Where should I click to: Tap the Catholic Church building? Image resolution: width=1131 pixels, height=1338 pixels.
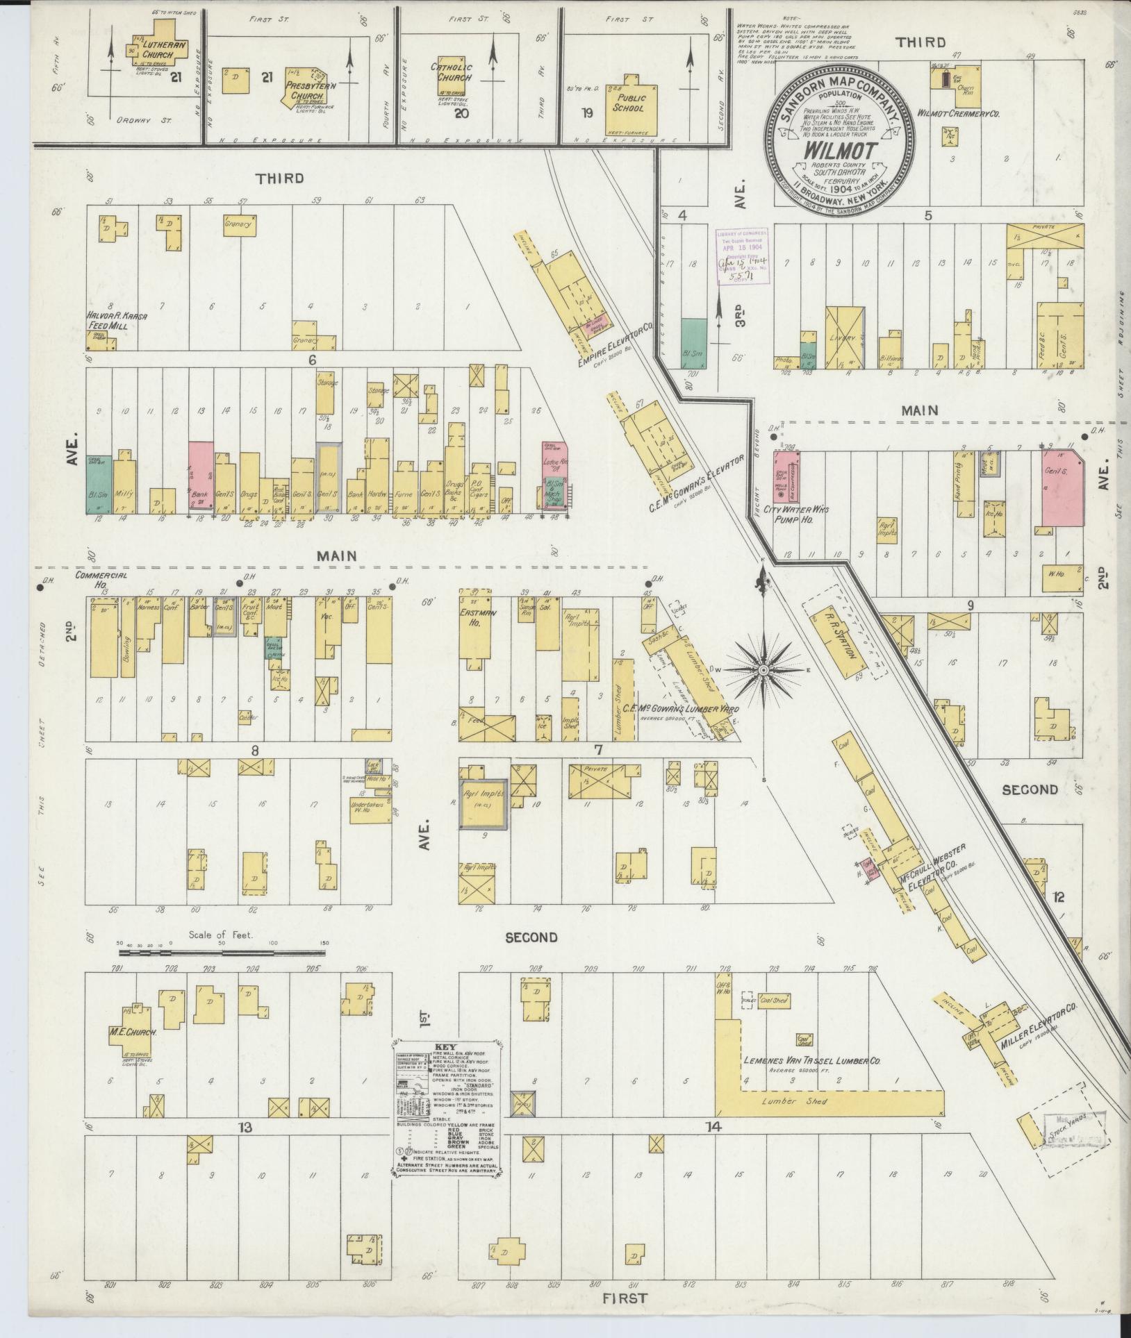(x=451, y=74)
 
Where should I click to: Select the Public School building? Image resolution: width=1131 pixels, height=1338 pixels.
(x=629, y=104)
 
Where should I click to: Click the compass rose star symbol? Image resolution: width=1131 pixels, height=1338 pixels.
(x=763, y=669)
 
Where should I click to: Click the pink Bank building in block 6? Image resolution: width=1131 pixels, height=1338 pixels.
(x=200, y=477)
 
